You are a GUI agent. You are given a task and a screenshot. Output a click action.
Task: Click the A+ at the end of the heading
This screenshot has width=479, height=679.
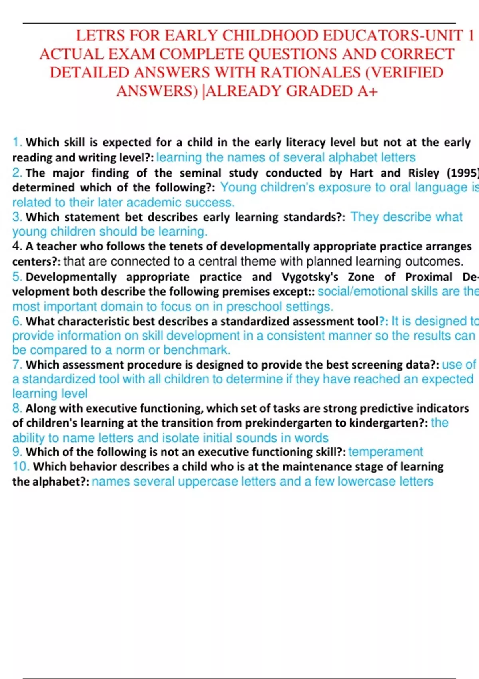(x=367, y=91)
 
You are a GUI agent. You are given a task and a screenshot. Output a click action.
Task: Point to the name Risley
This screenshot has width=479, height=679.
(x=424, y=173)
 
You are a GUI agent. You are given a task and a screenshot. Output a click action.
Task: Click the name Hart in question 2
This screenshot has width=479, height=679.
(x=361, y=173)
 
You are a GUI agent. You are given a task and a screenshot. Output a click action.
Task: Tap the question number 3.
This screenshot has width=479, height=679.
(x=17, y=217)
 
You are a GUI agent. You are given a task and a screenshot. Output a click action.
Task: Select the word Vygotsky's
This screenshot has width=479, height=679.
(x=310, y=277)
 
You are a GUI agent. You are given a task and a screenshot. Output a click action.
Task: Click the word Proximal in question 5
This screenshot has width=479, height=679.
(x=428, y=277)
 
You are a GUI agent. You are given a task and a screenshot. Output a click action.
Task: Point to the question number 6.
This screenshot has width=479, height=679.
(x=17, y=321)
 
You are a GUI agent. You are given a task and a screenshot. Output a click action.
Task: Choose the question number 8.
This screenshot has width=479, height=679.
(x=17, y=408)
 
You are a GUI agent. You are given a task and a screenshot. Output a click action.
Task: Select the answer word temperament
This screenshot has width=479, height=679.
(x=385, y=452)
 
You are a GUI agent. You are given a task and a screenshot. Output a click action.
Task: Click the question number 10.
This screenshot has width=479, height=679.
(x=21, y=467)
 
